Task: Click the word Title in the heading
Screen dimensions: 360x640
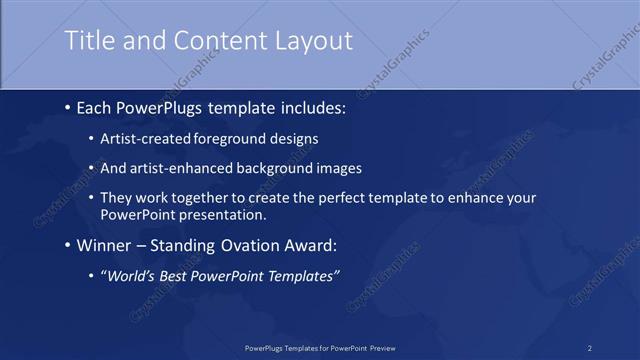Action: pos(88,41)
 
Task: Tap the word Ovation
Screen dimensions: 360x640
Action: pos(242,243)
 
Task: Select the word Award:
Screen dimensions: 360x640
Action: pos(305,243)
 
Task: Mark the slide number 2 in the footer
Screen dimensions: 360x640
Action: pos(590,347)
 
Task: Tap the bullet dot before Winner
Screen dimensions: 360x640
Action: pos(66,243)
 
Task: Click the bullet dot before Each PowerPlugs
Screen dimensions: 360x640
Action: pos(66,105)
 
